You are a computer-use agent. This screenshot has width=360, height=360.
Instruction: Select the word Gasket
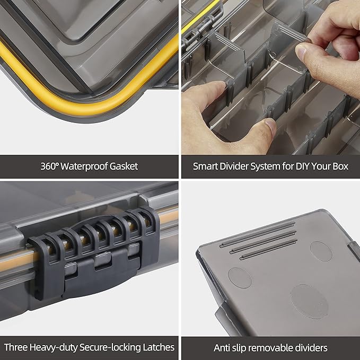coord(123,166)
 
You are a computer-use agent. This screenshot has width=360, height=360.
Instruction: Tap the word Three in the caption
coord(16,348)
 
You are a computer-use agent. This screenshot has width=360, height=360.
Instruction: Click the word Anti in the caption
coord(223,348)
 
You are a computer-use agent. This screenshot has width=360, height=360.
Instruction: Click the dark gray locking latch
coord(93,254)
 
